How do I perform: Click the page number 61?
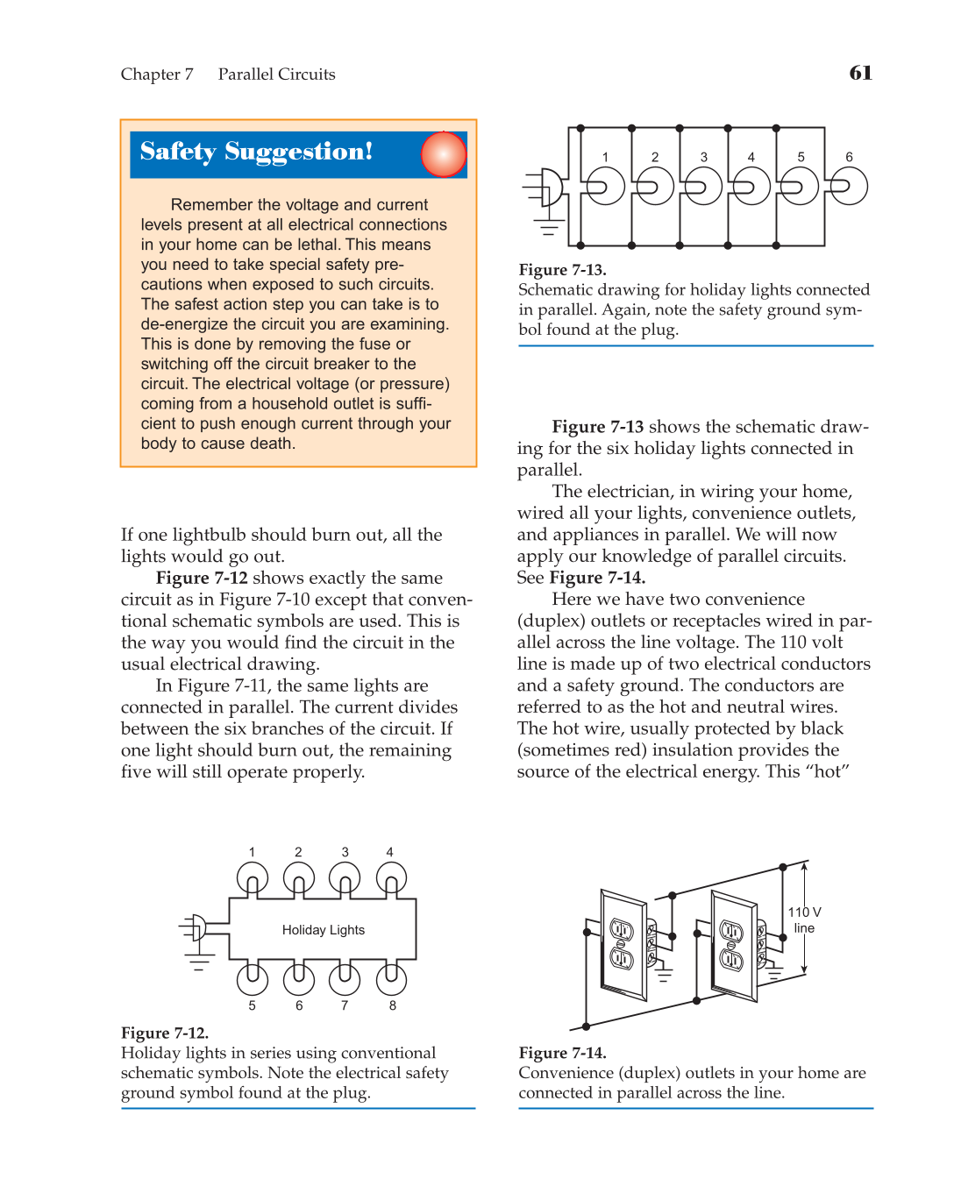coord(860,73)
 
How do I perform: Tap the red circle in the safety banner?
coord(444,154)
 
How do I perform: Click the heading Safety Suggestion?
coord(256,152)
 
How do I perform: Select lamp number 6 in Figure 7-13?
coord(849,186)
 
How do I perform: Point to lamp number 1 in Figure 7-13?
coord(605,186)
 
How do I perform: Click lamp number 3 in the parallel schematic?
coord(703,186)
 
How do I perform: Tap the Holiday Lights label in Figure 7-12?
coord(323,930)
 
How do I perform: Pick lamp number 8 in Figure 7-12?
coord(391,978)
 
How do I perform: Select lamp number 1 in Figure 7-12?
coord(253,878)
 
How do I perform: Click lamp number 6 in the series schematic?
coord(298,978)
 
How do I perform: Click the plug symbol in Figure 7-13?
coord(549,187)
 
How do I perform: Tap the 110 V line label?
coord(804,920)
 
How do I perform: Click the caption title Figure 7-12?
coord(165,1033)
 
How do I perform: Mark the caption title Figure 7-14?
coord(562,1053)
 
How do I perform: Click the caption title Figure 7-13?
coord(562,270)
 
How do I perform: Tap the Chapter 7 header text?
coord(157,75)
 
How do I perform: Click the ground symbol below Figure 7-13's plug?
coord(549,231)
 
